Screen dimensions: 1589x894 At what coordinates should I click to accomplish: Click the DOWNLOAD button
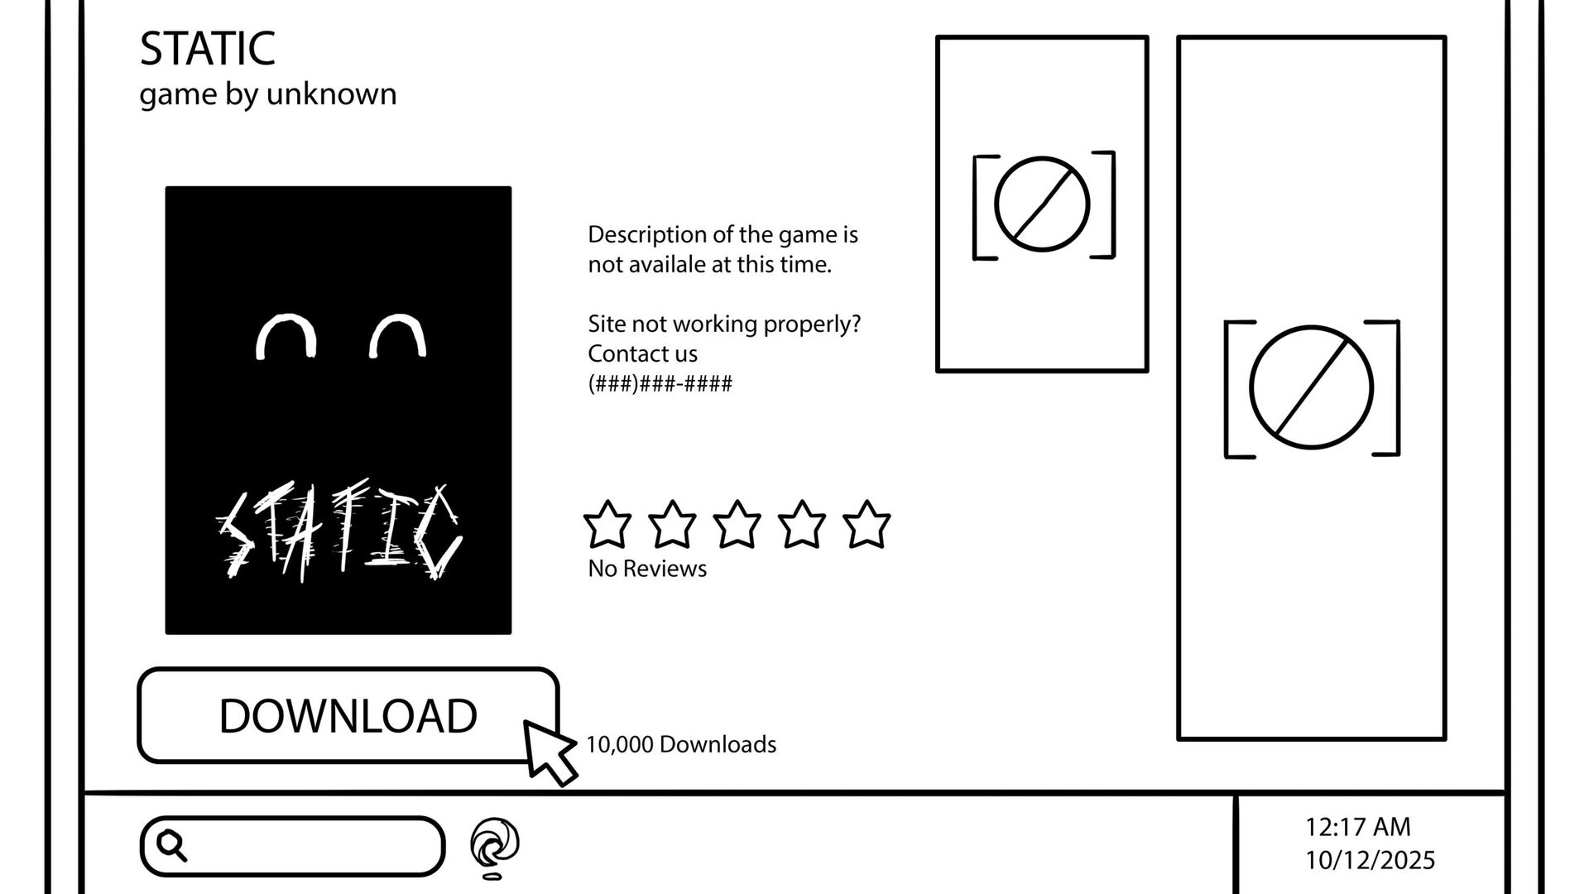tap(348, 715)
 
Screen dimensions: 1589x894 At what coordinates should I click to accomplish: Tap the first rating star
tap(607, 525)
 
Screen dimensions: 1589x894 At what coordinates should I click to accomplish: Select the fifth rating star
tap(866, 525)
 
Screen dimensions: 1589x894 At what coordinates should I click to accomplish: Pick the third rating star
tap(737, 525)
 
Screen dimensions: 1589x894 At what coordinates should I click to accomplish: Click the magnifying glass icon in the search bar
tap(172, 845)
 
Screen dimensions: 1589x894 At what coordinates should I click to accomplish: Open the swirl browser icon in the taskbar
tap(495, 845)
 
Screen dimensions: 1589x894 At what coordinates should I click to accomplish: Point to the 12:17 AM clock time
tap(1357, 826)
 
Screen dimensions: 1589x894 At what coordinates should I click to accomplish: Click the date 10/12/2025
tap(1370, 860)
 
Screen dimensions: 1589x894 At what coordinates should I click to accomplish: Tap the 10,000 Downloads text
tap(680, 744)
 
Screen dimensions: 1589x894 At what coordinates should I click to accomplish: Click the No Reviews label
tap(647, 569)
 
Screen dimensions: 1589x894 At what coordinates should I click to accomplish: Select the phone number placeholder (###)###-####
tap(660, 383)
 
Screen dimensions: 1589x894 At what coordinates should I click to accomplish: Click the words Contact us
tap(642, 353)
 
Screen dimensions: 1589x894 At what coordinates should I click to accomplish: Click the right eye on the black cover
tap(398, 335)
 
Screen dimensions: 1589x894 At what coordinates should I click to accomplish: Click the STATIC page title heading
tap(207, 49)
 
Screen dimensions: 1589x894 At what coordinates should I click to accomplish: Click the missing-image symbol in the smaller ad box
tap(1042, 204)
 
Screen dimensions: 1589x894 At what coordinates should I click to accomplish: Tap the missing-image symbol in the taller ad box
tap(1311, 387)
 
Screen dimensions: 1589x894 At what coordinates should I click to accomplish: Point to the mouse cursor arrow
tap(548, 750)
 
